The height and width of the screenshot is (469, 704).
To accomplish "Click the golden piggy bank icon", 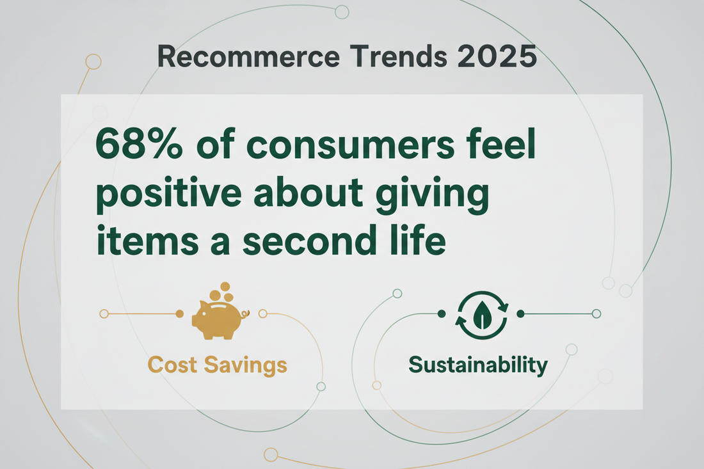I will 218,318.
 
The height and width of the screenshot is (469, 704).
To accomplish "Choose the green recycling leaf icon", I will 481,314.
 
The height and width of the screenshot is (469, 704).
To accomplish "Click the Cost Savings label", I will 217,365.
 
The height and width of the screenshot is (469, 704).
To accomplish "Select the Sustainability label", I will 478,365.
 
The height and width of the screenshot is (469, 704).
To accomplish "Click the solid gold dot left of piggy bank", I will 179,314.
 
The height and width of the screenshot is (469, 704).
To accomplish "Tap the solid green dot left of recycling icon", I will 441,314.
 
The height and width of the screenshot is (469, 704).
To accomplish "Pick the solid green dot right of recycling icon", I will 520,314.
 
